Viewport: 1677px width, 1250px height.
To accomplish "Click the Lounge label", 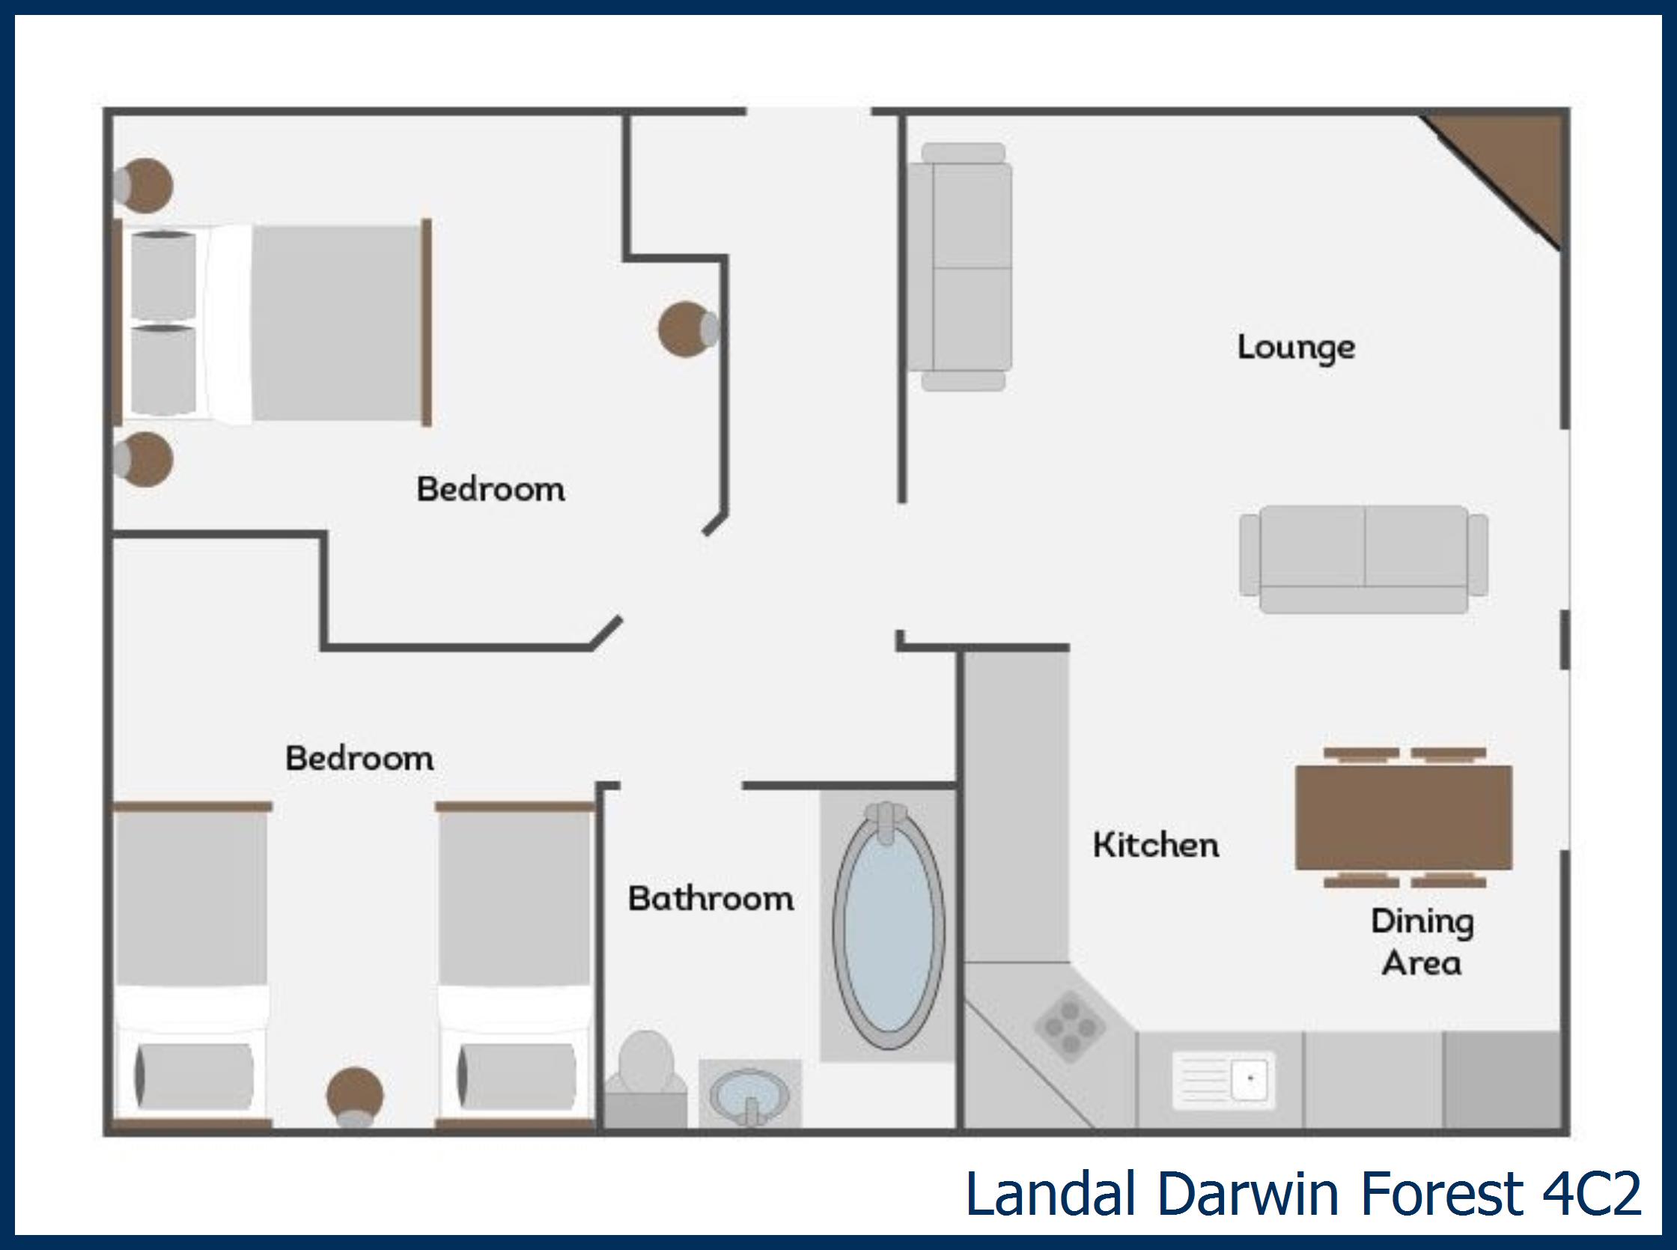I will tap(1296, 348).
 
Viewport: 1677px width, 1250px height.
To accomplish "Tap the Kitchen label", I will tap(1155, 845).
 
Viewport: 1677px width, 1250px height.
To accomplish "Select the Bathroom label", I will tap(710, 899).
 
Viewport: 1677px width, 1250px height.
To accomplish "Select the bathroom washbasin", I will tap(749, 1094).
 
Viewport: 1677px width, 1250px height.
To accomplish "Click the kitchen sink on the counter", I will tap(1223, 1079).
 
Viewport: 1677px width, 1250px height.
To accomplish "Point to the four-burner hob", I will tap(1070, 1027).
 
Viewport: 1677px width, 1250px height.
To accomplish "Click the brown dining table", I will tap(1403, 817).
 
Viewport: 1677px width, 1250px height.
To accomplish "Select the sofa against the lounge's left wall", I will tap(961, 267).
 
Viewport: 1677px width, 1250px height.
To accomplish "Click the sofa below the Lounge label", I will tap(1363, 559).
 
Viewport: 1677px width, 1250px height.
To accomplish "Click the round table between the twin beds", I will tap(354, 1094).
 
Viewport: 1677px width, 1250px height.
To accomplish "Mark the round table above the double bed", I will tap(145, 186).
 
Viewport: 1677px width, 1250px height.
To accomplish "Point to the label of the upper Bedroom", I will tap(490, 490).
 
